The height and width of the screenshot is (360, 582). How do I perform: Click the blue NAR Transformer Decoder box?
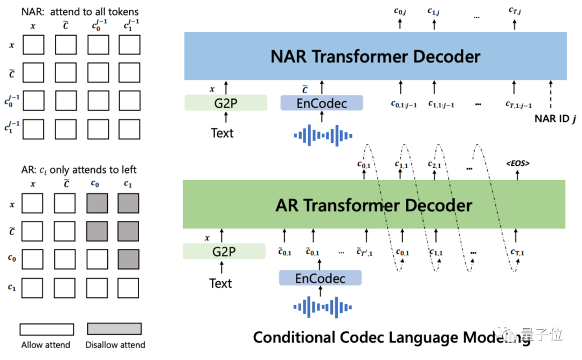[375, 56]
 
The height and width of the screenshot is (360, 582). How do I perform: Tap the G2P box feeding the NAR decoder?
[226, 102]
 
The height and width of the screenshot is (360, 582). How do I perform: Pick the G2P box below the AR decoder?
[224, 251]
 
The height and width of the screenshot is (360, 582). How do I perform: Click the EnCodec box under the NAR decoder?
[322, 103]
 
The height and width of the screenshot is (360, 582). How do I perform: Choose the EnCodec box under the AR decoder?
[320, 279]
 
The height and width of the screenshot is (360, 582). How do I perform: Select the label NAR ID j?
[555, 119]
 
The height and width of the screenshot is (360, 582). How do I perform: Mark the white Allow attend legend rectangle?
[46, 329]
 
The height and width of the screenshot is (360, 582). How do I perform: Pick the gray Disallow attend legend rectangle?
[114, 329]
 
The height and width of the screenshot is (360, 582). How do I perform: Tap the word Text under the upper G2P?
[222, 133]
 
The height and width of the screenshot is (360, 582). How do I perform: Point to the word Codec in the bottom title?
[369, 337]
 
